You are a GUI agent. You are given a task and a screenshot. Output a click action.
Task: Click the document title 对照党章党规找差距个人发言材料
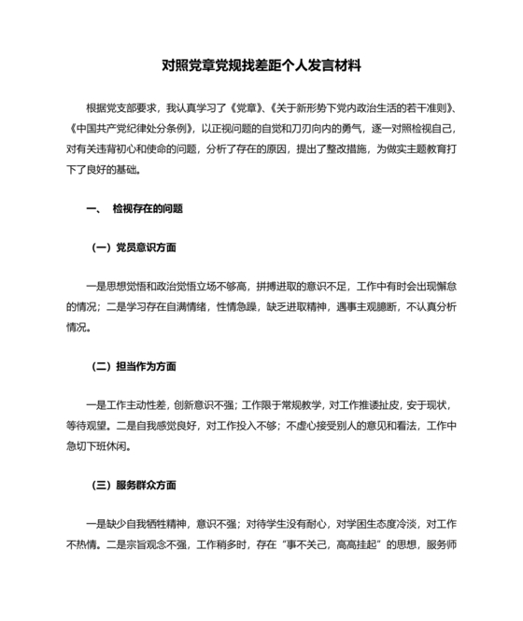point(261,66)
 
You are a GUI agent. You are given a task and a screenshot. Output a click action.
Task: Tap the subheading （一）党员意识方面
point(134,247)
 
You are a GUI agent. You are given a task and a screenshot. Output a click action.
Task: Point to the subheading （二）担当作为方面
point(134,366)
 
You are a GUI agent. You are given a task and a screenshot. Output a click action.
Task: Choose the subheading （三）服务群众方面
point(134,485)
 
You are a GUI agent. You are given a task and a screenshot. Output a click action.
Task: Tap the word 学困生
point(346,524)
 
